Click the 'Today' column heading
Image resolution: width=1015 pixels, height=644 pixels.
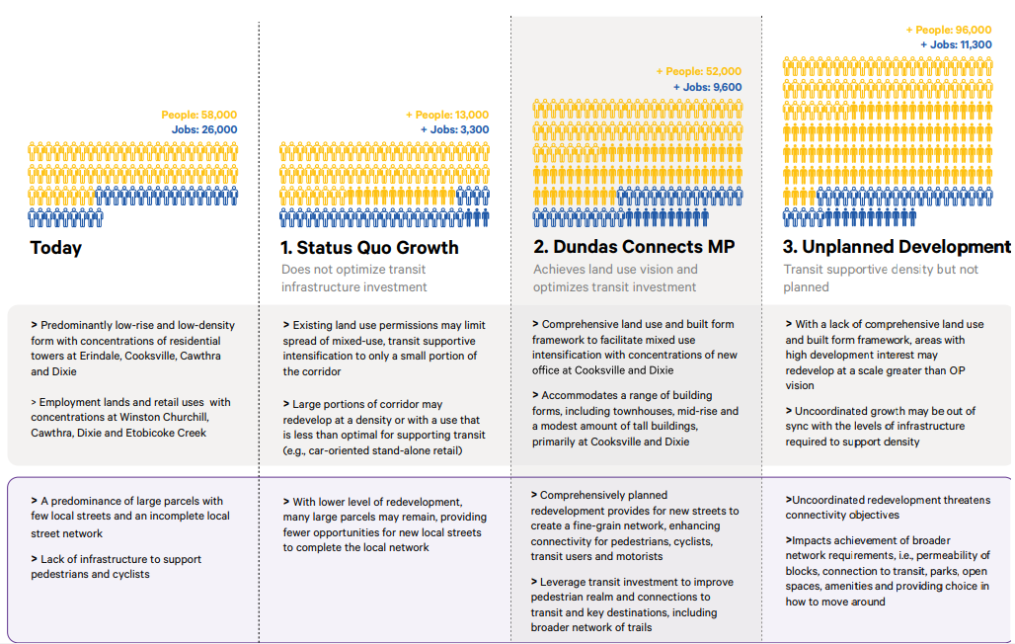click(56, 247)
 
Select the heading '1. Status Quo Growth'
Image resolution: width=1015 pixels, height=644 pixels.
click(370, 247)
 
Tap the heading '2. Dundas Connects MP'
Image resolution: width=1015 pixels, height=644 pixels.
click(634, 246)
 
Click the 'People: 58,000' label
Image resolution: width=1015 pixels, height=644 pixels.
click(199, 116)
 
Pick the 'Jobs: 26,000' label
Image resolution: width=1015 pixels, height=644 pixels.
click(205, 129)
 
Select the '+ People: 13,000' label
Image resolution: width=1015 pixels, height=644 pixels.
click(447, 116)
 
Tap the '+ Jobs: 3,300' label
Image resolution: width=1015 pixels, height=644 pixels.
click(454, 129)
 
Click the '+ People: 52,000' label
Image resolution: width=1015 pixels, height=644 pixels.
click(698, 72)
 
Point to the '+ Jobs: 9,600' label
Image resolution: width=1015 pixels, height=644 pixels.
click(707, 87)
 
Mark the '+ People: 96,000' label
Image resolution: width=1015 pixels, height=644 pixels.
click(949, 31)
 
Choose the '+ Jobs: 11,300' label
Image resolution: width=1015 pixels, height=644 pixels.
click(956, 44)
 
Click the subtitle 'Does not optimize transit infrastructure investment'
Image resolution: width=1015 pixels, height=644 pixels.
click(354, 278)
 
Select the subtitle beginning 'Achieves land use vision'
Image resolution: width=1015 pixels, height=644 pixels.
click(615, 278)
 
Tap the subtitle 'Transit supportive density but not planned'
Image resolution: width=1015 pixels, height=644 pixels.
click(881, 278)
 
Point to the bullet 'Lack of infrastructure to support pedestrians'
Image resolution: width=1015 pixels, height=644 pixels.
click(117, 566)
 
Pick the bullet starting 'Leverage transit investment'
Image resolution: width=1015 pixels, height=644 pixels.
click(633, 604)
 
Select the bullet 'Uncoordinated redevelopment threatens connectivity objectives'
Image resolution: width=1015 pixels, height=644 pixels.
click(888, 508)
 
